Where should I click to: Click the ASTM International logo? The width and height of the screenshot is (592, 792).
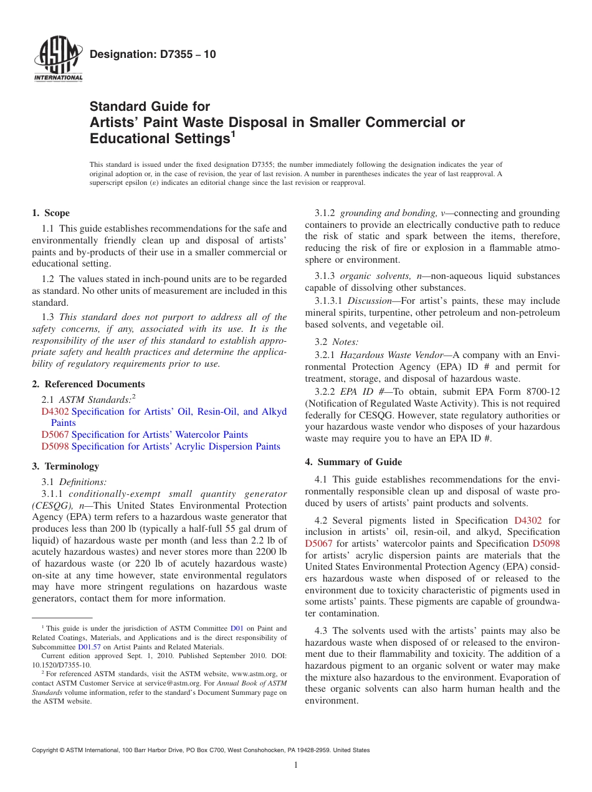pyautogui.click(x=57, y=60)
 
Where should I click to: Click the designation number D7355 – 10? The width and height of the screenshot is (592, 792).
pyautogui.click(x=153, y=54)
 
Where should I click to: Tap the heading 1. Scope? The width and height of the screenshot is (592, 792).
pyautogui.click(x=50, y=213)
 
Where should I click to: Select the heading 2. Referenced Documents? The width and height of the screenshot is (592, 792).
pyautogui.click(x=88, y=384)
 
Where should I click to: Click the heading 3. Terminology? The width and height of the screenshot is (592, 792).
pyautogui.click(x=65, y=466)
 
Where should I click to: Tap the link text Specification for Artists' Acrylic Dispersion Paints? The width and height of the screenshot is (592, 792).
pyautogui.click(x=176, y=446)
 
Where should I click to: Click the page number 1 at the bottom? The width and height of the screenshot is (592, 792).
pyautogui.click(x=296, y=765)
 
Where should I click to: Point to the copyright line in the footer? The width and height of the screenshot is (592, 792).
pyautogui.click(x=201, y=750)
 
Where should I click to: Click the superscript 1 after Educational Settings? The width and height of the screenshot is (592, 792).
pyautogui.click(x=233, y=133)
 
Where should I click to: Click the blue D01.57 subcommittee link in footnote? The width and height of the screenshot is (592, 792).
pyautogui.click(x=89, y=647)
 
